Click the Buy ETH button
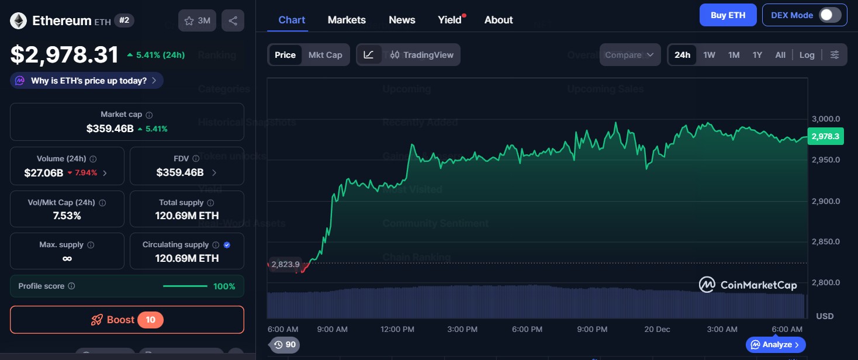[728, 15]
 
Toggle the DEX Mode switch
[829, 15]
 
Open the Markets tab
[347, 20]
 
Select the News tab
[402, 20]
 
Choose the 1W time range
[709, 55]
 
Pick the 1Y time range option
[757, 55]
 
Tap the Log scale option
[807, 55]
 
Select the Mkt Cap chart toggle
[325, 55]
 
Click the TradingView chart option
[421, 55]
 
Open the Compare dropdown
[630, 55]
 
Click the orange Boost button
[127, 320]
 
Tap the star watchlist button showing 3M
[197, 20]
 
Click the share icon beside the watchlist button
[233, 20]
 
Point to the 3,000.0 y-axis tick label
[826, 119]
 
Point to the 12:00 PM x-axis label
[397, 329]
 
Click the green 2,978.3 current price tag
[825, 136]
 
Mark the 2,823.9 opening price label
[285, 264]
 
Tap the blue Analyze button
[776, 345]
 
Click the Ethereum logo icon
[18, 21]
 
